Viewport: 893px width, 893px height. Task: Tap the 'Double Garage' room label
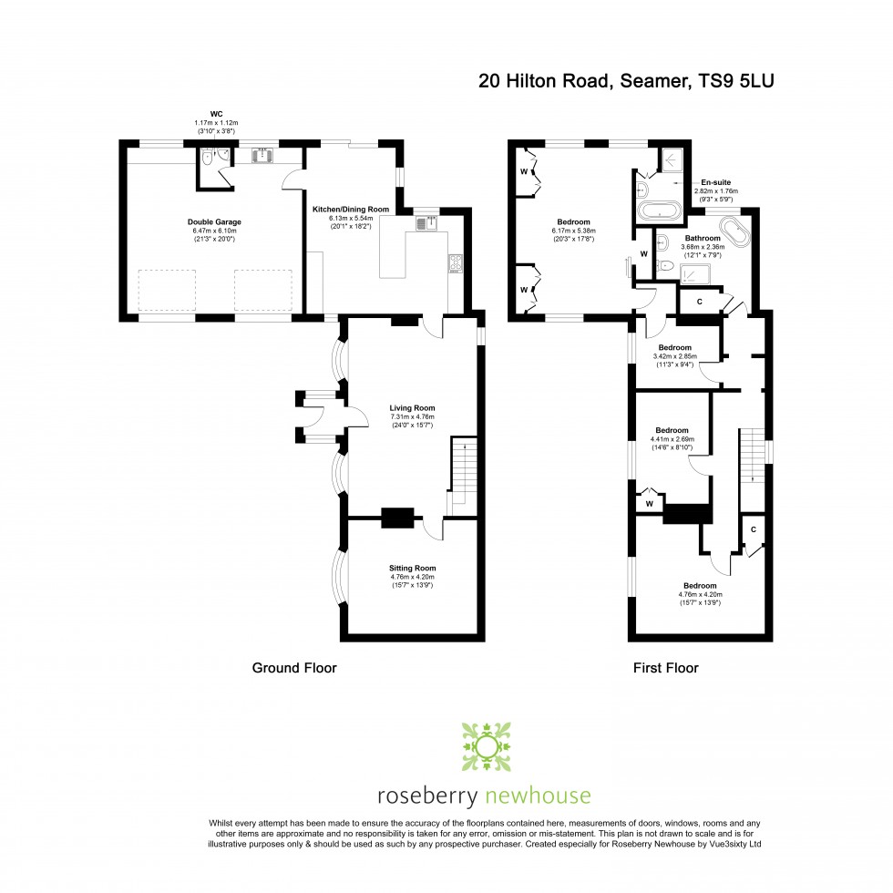[x=214, y=221]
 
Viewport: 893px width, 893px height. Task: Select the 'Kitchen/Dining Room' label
[x=350, y=210]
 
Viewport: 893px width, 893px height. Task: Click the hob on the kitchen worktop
[x=455, y=264]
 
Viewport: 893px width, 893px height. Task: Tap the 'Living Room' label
[x=412, y=408]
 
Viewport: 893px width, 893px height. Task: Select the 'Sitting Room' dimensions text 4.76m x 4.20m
[x=412, y=577]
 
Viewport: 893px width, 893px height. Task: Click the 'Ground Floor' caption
[x=294, y=668]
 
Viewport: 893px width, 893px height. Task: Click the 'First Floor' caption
[x=665, y=668]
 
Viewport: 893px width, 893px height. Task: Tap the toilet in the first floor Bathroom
[x=665, y=266]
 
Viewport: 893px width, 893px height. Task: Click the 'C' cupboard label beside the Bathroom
[x=699, y=301]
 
